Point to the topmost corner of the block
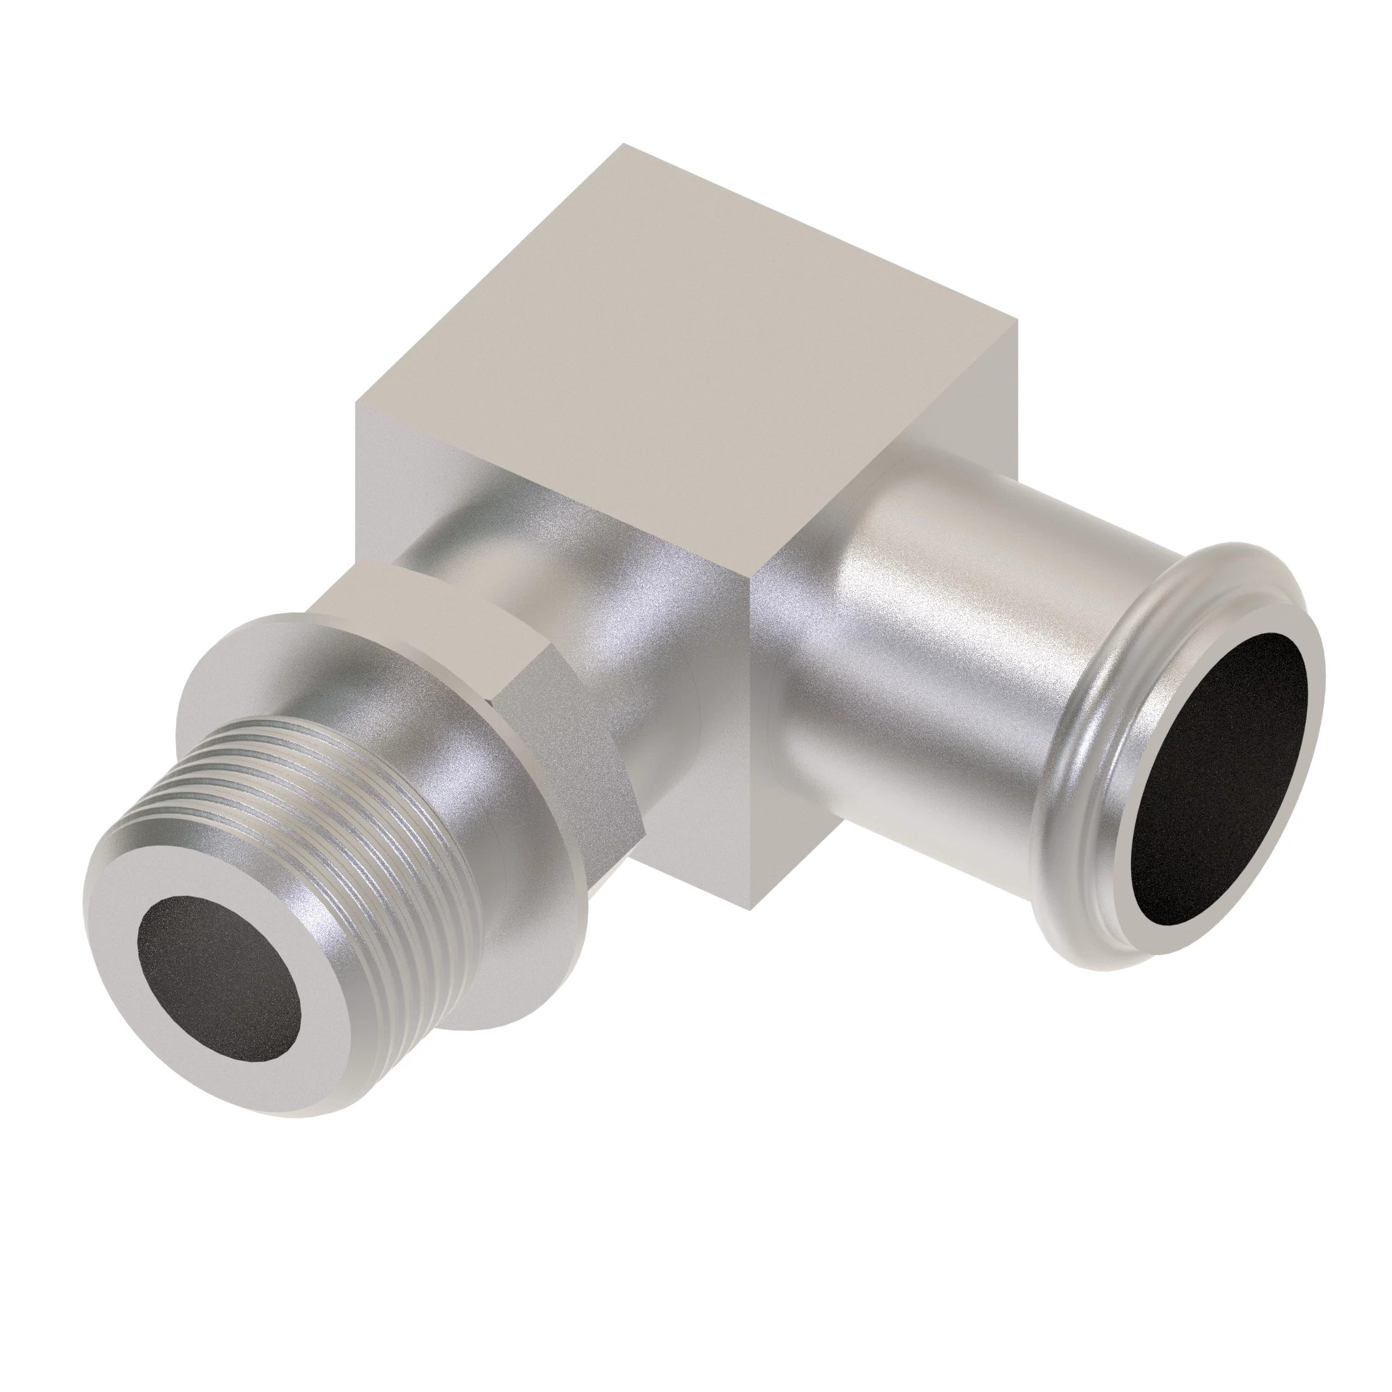tap(624, 145)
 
